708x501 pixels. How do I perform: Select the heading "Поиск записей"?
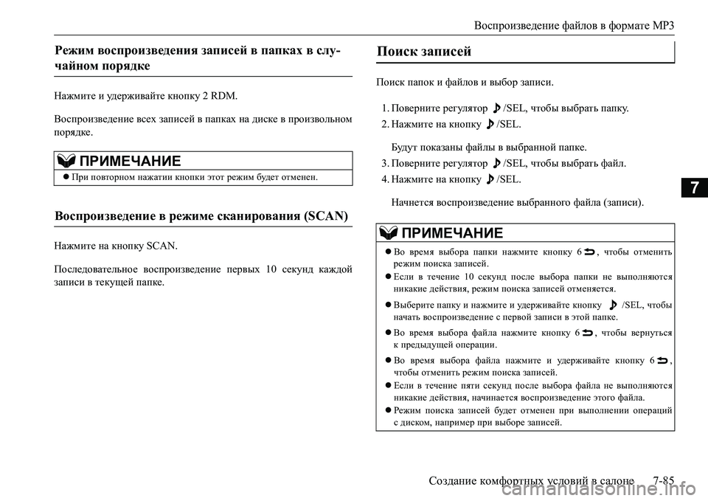pyautogui.click(x=423, y=52)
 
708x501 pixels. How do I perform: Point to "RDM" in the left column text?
pyautogui.click(x=224, y=95)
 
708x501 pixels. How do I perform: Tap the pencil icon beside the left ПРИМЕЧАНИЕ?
pyautogui.click(x=65, y=162)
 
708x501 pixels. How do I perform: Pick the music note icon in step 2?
pyautogui.click(x=490, y=125)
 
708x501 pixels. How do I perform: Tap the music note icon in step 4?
pyautogui.click(x=490, y=179)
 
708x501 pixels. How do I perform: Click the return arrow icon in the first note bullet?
pyautogui.click(x=591, y=252)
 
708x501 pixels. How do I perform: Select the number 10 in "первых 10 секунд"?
pyautogui.click(x=269, y=268)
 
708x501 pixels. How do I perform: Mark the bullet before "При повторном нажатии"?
pyautogui.click(x=66, y=178)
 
